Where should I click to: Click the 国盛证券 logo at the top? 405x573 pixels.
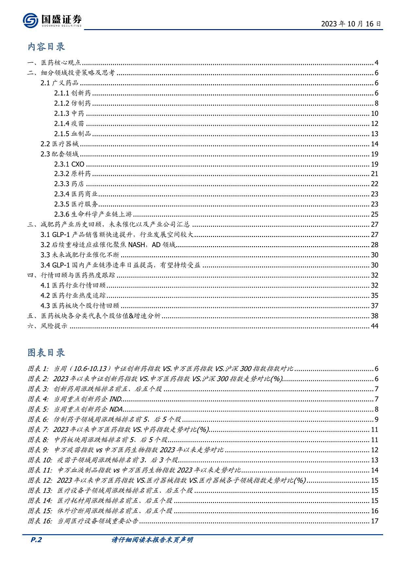coord(52,20)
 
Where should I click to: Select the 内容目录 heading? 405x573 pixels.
coord(46,47)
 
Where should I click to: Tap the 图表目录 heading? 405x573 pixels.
coord(46,352)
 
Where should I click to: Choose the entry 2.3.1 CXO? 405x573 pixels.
coord(69,164)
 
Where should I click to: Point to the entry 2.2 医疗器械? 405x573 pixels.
coord(59,144)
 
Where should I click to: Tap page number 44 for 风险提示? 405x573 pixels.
coord(374,326)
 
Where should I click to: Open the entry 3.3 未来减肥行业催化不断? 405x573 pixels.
coord(80,255)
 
